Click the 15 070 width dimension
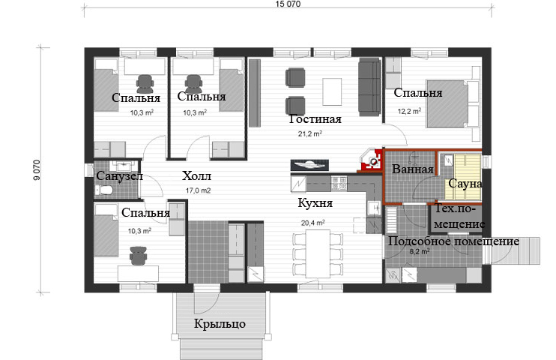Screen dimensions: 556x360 point(288,4)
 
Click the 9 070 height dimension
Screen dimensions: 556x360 point(37,170)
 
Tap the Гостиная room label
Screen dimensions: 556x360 point(315,119)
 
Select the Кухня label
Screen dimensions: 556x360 point(315,202)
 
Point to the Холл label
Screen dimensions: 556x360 point(196,175)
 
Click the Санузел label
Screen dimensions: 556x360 point(119,175)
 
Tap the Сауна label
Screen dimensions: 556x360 point(465,184)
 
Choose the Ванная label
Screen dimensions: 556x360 point(412,169)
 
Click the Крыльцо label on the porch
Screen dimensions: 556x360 point(220,324)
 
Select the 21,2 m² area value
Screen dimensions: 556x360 point(310,133)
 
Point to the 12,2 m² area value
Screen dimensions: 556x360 point(409,111)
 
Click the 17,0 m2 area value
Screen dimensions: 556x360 point(199,190)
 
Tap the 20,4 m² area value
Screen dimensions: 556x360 point(312,223)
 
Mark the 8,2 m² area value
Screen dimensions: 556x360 point(420,252)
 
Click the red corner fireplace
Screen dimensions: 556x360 point(372,160)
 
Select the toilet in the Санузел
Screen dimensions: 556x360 point(104,190)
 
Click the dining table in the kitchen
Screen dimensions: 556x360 point(318,253)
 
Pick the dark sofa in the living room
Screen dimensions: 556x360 point(369,87)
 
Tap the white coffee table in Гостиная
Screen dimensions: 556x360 point(332,91)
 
